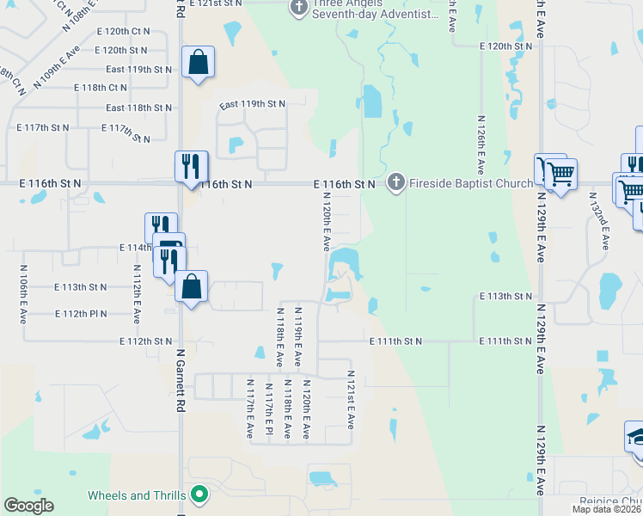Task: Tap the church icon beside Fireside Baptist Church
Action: pyautogui.click(x=395, y=181)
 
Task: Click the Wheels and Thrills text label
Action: pyautogui.click(x=137, y=495)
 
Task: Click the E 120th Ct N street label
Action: pyautogui.click(x=124, y=31)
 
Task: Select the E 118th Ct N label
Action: pyautogui.click(x=101, y=88)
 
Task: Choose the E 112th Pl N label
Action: pyautogui.click(x=81, y=314)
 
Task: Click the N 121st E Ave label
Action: pyautogui.click(x=351, y=400)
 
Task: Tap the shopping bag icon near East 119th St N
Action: pyautogui.click(x=198, y=62)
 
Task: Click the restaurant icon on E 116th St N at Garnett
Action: pyautogui.click(x=191, y=166)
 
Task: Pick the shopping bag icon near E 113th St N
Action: pyautogui.click(x=191, y=287)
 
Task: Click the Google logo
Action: pyautogui.click(x=28, y=506)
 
